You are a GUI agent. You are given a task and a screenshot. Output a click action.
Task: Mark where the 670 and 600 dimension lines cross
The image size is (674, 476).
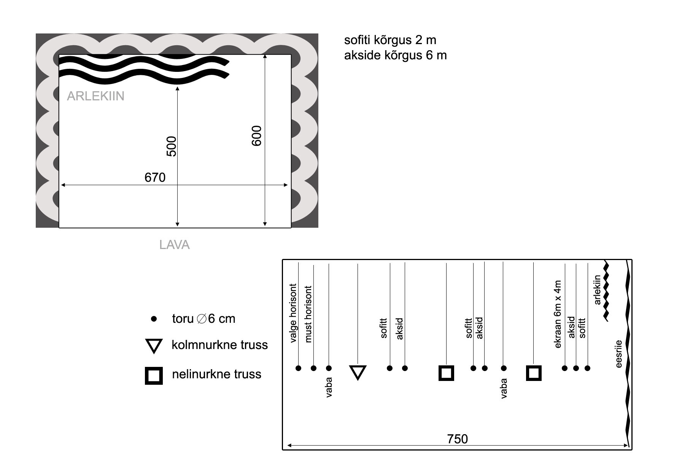pos(265,185)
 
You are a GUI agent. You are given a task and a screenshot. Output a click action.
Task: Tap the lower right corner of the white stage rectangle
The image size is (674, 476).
pos(291,228)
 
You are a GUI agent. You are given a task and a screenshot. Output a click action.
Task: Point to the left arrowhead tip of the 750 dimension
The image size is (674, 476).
pos(287,445)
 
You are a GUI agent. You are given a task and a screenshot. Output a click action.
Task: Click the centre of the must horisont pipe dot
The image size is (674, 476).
pos(313,368)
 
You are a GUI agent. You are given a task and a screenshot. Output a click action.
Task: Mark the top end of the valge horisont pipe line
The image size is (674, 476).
pos(298,262)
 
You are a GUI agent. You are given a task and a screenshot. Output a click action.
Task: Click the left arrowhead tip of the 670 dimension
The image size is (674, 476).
pos(61,185)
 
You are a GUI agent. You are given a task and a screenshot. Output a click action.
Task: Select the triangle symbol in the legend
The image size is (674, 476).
pos(154,346)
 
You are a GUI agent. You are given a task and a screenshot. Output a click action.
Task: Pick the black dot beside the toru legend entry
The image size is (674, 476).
pos(154,319)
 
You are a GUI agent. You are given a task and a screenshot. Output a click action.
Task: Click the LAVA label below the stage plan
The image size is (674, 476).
pos(175,245)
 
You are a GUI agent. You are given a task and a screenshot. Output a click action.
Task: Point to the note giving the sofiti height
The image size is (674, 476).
pos(390,40)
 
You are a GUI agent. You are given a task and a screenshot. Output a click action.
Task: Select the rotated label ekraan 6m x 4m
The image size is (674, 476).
pos(558,314)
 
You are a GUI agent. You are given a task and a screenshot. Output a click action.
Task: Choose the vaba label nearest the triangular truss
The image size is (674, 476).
pos(329,387)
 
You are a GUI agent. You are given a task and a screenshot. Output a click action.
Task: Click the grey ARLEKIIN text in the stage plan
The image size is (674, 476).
pos(96,96)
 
